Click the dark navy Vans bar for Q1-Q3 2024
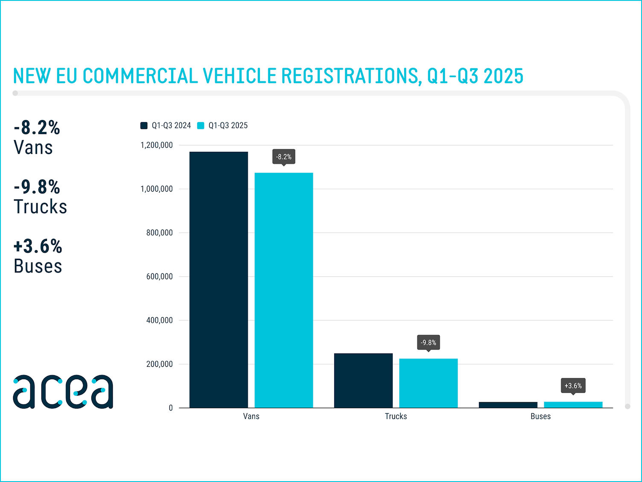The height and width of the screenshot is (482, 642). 219,280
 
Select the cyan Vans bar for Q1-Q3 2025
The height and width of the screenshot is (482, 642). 284,290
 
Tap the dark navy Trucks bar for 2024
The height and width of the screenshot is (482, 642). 363,380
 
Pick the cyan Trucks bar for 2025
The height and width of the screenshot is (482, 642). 428,383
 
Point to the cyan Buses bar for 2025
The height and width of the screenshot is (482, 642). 573,405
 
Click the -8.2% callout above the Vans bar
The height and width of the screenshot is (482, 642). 284,157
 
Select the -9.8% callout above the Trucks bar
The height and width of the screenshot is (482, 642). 428,342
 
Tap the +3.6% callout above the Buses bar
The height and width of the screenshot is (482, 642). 573,386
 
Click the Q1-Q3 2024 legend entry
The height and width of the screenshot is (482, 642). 166,126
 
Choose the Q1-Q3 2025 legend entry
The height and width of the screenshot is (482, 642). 223,126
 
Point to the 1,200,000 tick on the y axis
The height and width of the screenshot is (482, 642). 157,145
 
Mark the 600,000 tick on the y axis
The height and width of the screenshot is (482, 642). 159,277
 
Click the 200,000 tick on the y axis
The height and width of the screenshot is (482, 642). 159,364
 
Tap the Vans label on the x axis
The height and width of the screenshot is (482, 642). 251,416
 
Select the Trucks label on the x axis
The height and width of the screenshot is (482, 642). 396,416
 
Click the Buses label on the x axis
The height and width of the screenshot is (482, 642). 540,416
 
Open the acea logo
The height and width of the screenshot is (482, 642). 63,391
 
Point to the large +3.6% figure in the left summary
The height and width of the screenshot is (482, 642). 38,246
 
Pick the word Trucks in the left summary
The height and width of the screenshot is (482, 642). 41,207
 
